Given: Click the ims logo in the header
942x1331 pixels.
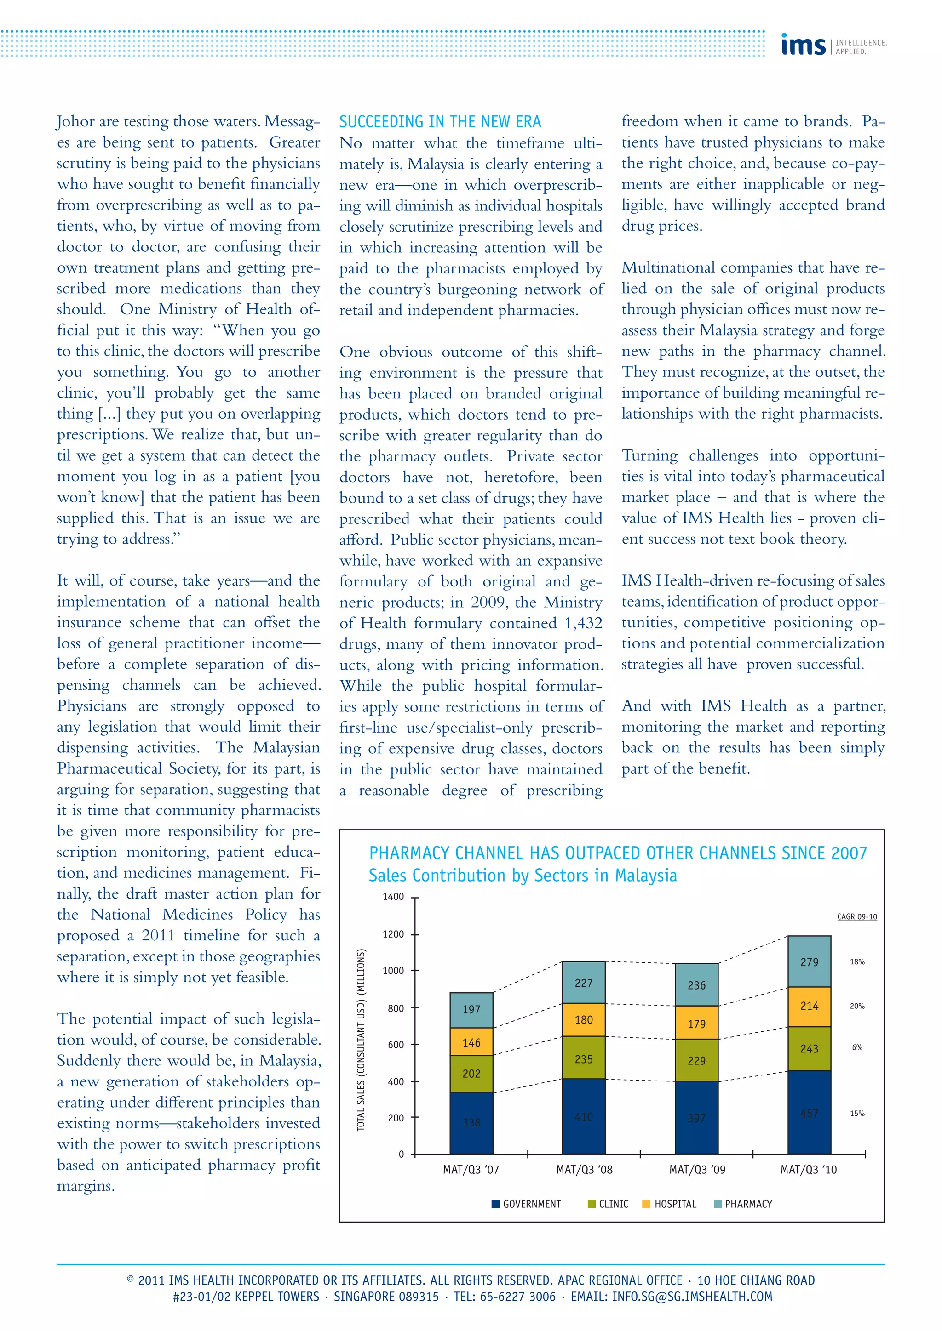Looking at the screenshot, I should (x=804, y=44).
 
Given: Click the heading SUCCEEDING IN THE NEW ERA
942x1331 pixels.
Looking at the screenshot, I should (x=440, y=122).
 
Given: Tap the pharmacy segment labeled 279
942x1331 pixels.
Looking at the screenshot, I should (x=809, y=962).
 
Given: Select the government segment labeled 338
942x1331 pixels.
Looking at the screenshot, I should (x=471, y=1122).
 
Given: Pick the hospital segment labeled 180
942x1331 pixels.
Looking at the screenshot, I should (x=584, y=1020).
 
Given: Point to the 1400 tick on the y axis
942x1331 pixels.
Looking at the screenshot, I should (x=393, y=897).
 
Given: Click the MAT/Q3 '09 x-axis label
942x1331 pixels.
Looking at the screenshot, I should (x=697, y=1169).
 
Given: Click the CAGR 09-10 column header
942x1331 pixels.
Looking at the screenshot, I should (x=857, y=916).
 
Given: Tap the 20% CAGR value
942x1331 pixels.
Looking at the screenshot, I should (x=857, y=1006).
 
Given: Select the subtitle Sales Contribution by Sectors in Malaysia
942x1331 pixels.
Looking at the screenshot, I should (x=523, y=876).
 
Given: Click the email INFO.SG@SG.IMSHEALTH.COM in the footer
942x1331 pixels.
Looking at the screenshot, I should (x=691, y=1296).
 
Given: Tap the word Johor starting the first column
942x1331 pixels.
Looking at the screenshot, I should (x=75, y=122).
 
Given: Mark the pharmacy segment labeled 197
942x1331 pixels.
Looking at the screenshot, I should (x=471, y=1009).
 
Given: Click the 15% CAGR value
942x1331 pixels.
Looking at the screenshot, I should (x=857, y=1113).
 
